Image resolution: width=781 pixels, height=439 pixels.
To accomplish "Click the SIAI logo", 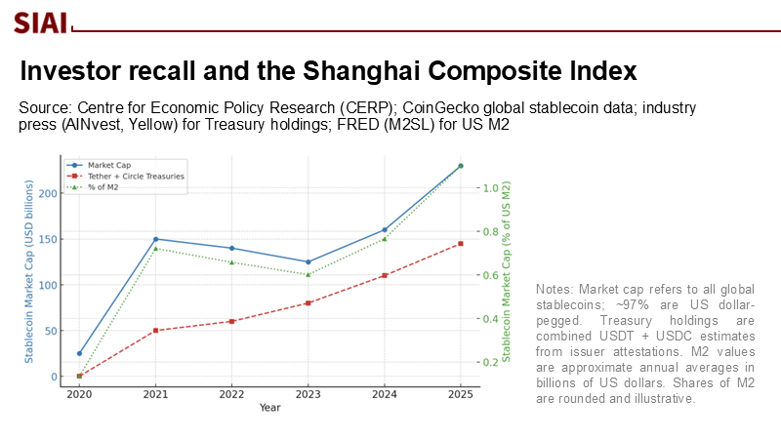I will tap(40, 21).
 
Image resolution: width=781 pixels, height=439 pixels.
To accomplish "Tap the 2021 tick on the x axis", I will tap(155, 394).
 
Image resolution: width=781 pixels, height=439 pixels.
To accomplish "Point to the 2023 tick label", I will tap(308, 394).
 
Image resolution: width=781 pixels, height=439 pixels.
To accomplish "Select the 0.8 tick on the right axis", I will tap(495, 232).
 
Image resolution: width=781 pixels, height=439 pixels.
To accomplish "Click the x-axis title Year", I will tap(269, 407).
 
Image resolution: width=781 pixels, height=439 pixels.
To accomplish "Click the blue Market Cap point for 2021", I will tap(155, 239).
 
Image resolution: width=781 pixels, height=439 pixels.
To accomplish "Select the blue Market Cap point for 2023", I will tap(308, 261).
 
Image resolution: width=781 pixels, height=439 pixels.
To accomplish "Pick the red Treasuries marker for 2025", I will tap(460, 244).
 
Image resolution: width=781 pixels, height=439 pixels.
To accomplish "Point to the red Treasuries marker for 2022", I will tap(231, 321).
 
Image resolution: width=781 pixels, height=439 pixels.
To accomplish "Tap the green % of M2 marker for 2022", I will tap(231, 261).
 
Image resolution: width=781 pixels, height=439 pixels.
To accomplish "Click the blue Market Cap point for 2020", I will tap(79, 353).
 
